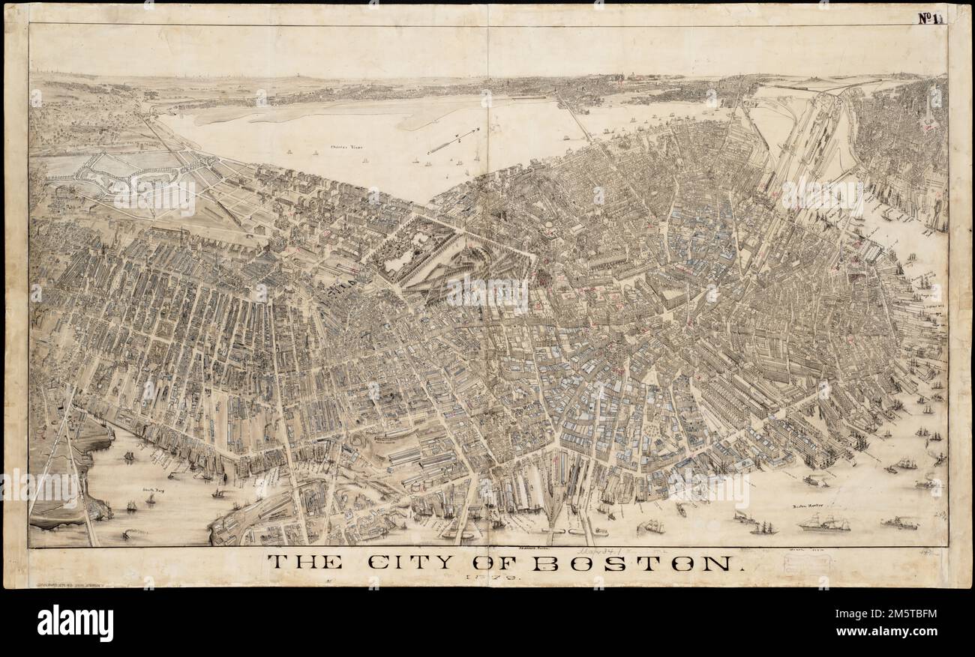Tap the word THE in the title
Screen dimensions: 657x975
305,563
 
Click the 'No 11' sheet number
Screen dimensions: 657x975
931,18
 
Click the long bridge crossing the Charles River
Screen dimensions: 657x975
573,120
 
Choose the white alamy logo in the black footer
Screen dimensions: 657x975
75,623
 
